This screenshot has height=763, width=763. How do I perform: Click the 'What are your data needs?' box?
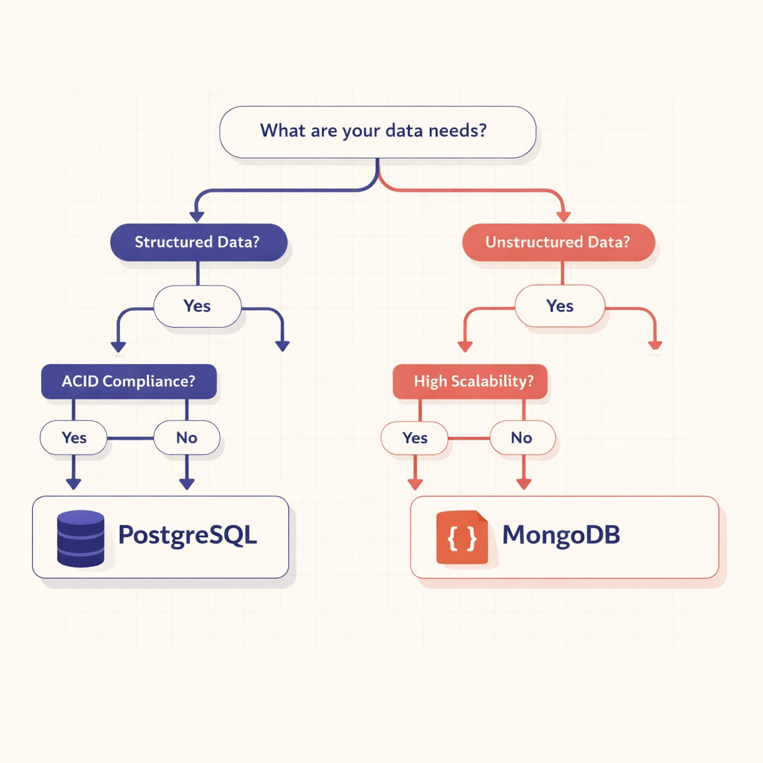(377, 132)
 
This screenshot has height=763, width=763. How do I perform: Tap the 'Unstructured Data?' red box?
(558, 242)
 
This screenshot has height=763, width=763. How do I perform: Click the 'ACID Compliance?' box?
(128, 381)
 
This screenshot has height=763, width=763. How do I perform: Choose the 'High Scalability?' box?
(469, 381)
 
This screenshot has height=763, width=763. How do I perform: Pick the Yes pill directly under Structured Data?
(197, 306)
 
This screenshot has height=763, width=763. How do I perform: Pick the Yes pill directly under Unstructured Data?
(560, 306)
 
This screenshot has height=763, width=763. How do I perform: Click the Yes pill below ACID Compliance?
(74, 437)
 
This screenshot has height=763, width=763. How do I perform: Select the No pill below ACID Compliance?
(186, 437)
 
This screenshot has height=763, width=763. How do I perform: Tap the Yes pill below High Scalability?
(414, 437)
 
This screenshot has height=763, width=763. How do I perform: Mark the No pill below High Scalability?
(522, 437)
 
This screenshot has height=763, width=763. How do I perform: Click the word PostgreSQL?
(188, 536)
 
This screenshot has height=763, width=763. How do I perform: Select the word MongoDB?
(561, 536)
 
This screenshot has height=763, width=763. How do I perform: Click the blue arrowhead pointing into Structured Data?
(197, 216)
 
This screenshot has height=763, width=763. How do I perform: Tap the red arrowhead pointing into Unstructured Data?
(563, 216)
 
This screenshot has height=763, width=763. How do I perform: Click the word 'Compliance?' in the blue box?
(150, 381)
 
